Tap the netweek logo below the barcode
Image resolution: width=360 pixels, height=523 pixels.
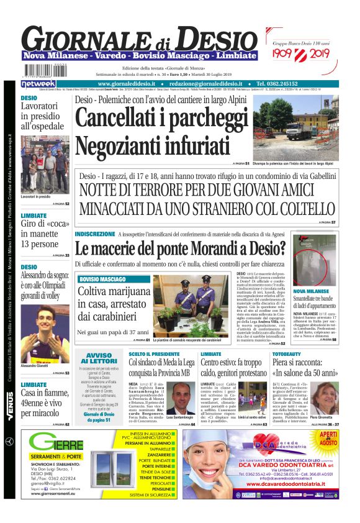pyautogui.click(x=38, y=83)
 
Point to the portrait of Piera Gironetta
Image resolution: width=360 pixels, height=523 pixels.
pyautogui.click(x=327, y=399)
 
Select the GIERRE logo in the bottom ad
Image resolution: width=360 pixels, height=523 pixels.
pyautogui.click(x=56, y=443)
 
